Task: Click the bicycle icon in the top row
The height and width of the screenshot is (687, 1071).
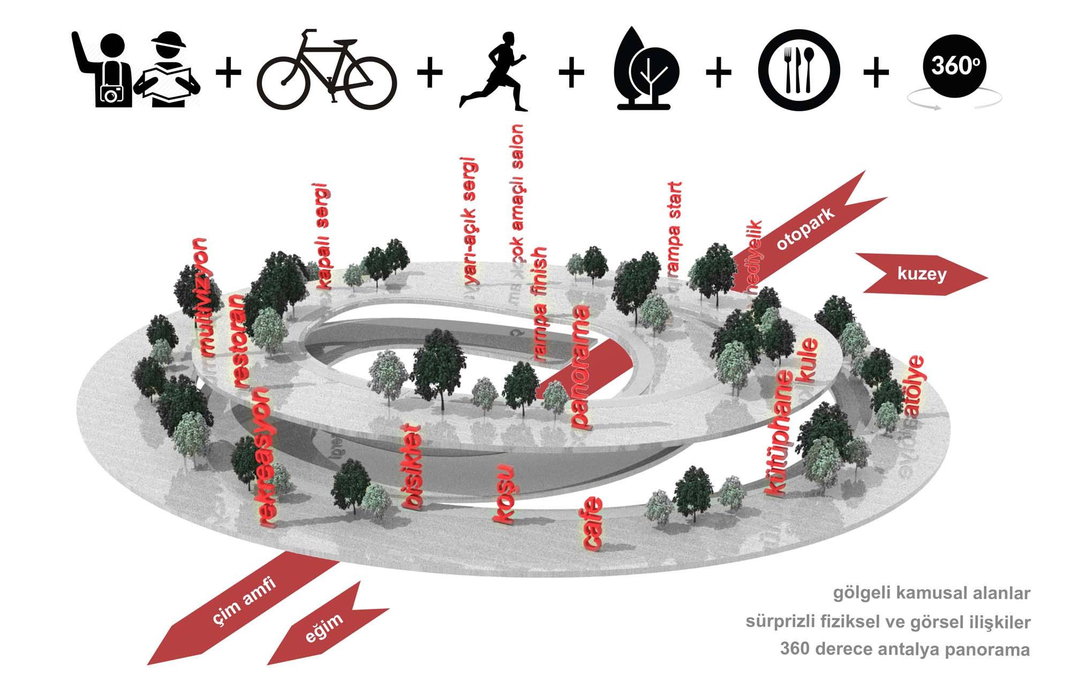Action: coord(327,71)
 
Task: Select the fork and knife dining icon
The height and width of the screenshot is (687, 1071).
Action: coord(798,70)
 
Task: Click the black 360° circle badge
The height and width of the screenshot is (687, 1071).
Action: coord(955,66)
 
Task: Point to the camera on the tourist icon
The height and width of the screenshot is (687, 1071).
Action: coord(111,94)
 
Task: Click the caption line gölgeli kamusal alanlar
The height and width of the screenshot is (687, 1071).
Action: coord(931,593)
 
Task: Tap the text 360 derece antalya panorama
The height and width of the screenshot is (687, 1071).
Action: coord(904,649)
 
